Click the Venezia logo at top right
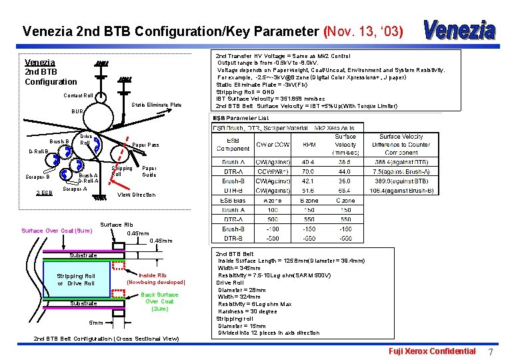460,29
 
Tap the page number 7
491,351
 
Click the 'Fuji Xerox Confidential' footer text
433,351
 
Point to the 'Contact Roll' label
79,95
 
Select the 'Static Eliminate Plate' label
157,105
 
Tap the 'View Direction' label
136,195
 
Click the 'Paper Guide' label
149,171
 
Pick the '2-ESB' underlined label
44,193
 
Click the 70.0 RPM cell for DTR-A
309,171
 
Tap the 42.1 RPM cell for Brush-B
309,181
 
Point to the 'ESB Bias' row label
233,200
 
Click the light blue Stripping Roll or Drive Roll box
76,279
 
